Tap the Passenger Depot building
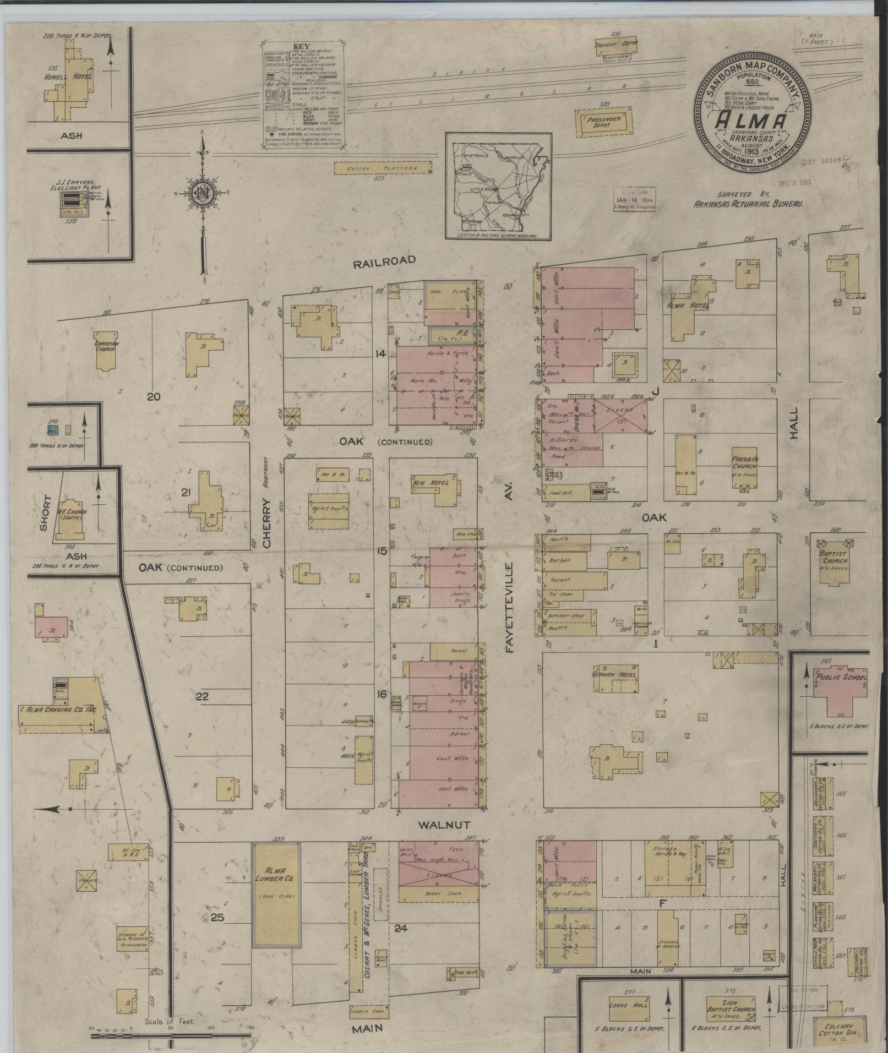pos(603,122)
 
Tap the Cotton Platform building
pos(383,167)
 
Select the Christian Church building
pos(106,350)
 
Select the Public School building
pos(840,692)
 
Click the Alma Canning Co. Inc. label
pos(59,710)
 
